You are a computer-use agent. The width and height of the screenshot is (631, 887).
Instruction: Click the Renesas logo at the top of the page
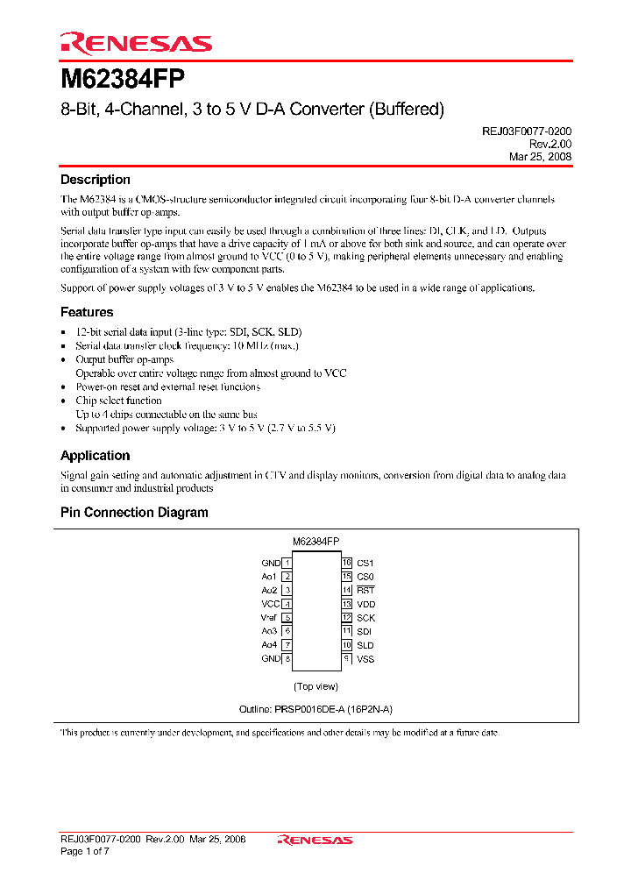pos(136,43)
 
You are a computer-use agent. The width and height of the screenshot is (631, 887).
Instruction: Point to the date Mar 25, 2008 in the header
pos(541,156)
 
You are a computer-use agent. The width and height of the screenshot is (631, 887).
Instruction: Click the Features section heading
pos(87,312)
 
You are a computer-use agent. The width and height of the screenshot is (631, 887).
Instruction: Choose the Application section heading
pos(95,456)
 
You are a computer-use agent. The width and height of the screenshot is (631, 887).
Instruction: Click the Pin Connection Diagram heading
pos(134,513)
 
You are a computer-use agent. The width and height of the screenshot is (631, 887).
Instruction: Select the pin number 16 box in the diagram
pos(347,563)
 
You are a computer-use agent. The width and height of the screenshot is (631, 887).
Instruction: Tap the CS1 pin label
pos(365,563)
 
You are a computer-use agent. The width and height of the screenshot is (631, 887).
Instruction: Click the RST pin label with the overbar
pos(365,591)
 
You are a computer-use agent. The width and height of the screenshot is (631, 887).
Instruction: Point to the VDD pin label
pos(365,604)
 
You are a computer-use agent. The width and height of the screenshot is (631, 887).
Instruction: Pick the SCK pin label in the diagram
pos(365,618)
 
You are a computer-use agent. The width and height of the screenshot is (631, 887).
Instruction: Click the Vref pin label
pos(269,618)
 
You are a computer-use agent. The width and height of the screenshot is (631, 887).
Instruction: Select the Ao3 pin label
pos(269,631)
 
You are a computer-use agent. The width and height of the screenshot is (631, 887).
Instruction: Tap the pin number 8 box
pos(287,658)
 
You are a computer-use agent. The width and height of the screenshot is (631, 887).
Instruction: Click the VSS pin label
pos(365,658)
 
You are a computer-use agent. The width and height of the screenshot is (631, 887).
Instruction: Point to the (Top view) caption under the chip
pos(315,686)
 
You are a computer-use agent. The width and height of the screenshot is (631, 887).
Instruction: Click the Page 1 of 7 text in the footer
pos(85,851)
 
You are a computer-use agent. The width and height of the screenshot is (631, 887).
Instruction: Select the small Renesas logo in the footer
pos(315,840)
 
